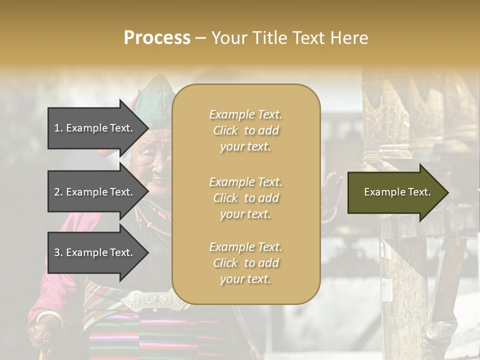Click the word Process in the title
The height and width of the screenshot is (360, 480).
(157, 38)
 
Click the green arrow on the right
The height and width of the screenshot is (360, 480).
(397, 192)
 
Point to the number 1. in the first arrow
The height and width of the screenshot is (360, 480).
(58, 128)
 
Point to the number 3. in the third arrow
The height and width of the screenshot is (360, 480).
(58, 253)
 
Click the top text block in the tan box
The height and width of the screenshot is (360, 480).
(245, 130)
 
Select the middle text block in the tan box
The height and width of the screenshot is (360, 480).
(245, 198)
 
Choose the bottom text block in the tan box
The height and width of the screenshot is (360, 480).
(245, 263)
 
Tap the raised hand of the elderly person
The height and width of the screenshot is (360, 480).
(331, 192)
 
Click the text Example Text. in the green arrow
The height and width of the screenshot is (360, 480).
(397, 192)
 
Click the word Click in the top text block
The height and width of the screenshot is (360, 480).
(225, 131)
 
